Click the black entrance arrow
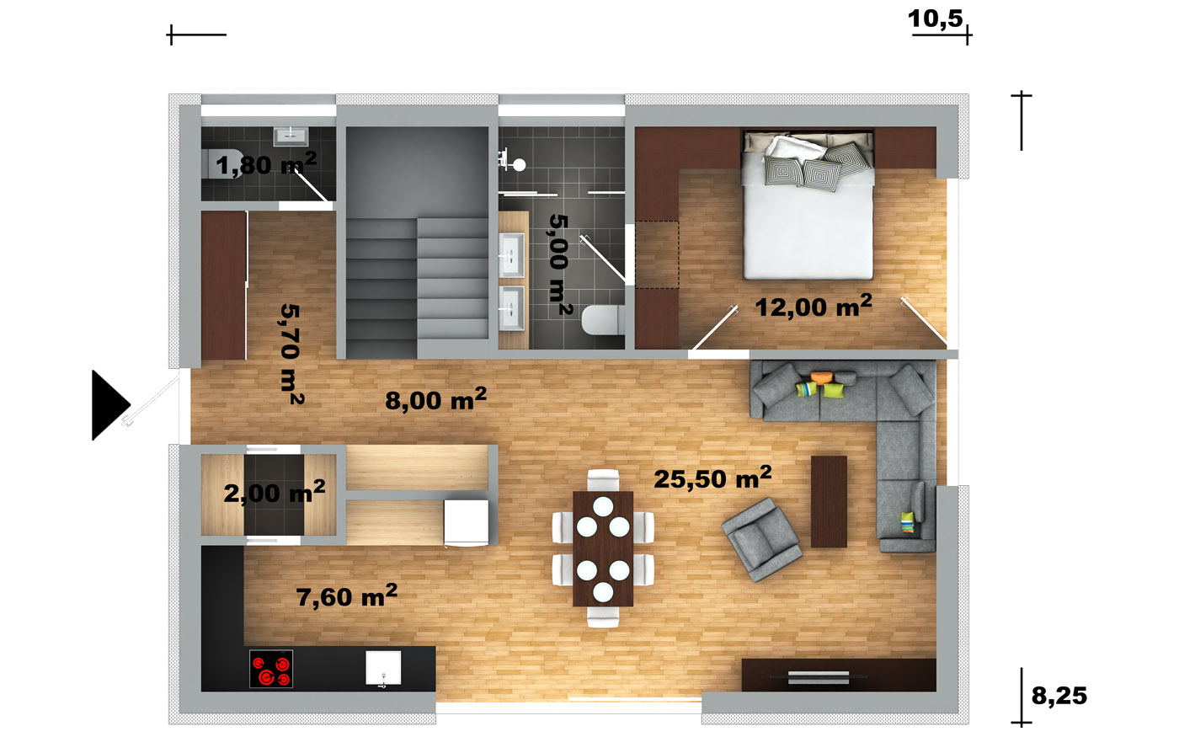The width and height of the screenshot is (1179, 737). (109, 405)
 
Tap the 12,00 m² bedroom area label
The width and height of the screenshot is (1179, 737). (814, 307)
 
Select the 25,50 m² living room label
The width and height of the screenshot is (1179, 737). (712, 478)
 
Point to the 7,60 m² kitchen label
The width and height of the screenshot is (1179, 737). (347, 596)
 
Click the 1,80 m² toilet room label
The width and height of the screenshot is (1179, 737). (266, 164)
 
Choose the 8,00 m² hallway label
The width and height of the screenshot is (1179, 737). (436, 399)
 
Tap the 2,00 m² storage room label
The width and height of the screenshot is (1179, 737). (275, 492)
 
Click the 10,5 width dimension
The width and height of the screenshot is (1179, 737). (936, 19)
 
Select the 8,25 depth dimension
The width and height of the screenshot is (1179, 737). (1059, 696)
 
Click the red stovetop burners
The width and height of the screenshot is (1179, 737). (271, 669)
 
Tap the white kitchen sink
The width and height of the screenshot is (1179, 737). (383, 667)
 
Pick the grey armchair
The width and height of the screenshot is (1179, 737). (762, 539)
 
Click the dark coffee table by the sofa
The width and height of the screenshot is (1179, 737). (829, 502)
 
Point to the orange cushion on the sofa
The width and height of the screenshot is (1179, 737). (822, 377)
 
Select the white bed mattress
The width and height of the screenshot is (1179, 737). (808, 227)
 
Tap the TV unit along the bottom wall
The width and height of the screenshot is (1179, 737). (839, 675)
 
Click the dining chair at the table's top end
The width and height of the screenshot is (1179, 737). (603, 479)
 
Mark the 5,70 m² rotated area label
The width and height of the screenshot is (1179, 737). (291, 354)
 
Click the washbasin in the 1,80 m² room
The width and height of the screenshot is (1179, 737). (291, 136)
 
